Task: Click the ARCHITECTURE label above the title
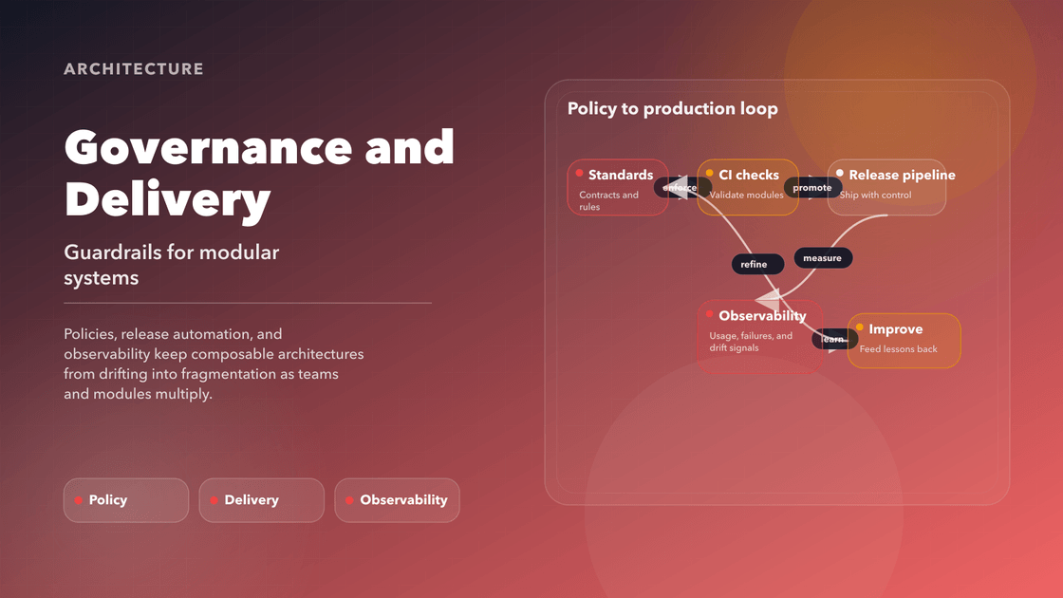(x=134, y=69)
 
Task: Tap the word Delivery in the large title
(x=167, y=200)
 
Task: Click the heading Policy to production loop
(x=672, y=109)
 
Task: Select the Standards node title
(x=621, y=175)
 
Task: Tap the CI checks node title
(x=749, y=175)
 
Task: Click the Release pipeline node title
(x=902, y=175)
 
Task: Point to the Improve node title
(x=895, y=329)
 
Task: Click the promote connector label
(x=812, y=188)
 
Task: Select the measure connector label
(x=823, y=258)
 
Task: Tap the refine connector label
(x=754, y=265)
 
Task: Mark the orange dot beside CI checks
(x=710, y=173)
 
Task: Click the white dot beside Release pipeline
(x=840, y=173)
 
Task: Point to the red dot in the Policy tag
(x=78, y=500)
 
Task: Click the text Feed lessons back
(x=898, y=349)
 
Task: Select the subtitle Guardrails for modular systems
(x=172, y=265)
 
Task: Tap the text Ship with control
(x=875, y=196)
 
